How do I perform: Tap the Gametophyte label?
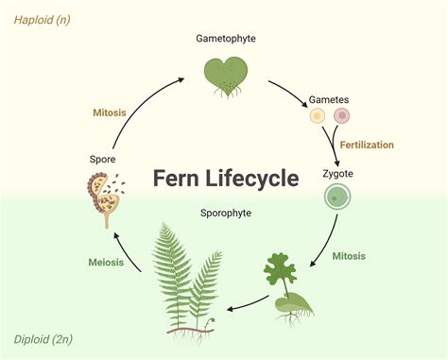[226, 40]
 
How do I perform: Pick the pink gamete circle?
[341, 117]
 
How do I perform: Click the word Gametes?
[330, 99]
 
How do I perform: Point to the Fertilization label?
[368, 145]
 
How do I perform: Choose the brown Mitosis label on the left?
[110, 112]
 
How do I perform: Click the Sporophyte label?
[226, 214]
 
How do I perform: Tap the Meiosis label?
[107, 263]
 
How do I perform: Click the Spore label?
[103, 161]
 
